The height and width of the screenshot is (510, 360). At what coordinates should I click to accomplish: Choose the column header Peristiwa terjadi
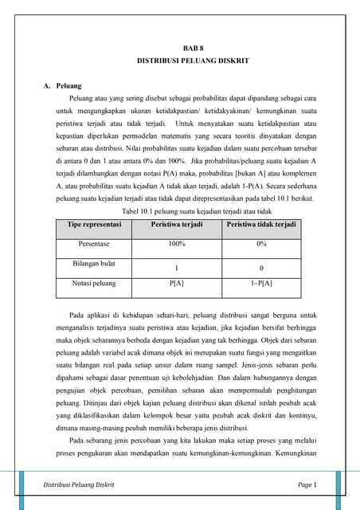point(177,226)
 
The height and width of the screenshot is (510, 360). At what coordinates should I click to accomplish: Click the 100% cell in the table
point(177,244)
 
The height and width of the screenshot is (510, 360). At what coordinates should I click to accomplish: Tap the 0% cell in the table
point(261,244)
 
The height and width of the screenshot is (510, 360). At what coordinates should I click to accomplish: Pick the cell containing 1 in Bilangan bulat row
point(177,268)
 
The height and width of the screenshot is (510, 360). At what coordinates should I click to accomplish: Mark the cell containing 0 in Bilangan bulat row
point(261,268)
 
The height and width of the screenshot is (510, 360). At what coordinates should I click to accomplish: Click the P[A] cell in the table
point(177,282)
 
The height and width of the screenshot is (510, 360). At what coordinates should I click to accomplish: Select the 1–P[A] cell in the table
point(261,282)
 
